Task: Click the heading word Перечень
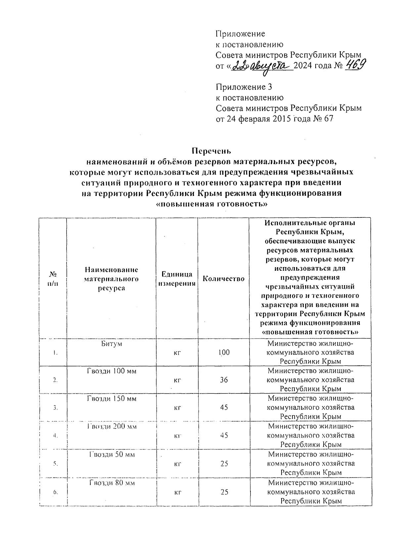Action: pos(211,151)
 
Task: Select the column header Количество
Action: pos(223,279)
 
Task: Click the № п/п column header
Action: pos(53,279)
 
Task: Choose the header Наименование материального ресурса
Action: pos(111,279)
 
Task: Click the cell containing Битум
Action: pos(111,344)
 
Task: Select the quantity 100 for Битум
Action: pos(224,352)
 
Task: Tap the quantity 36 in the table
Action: pos(224,380)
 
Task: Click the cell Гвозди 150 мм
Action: pos(111,399)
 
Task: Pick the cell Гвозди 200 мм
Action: pos(111,426)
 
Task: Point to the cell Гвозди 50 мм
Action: pos(111,454)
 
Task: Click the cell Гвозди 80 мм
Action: pos(111,483)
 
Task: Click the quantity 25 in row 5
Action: pos(224,464)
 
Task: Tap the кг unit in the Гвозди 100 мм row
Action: pos(177,380)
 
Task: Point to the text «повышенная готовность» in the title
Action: pos(211,204)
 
